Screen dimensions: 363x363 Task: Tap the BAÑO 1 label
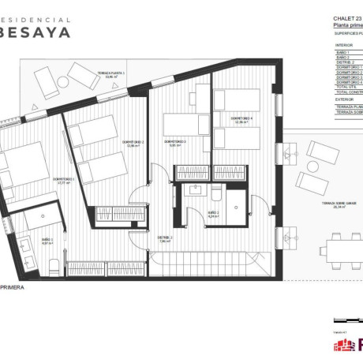pos(47,239)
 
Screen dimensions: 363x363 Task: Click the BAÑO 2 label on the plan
pos(213,212)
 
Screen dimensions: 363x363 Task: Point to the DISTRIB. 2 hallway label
pos(165,238)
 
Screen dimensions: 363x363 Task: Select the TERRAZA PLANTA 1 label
pos(110,72)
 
